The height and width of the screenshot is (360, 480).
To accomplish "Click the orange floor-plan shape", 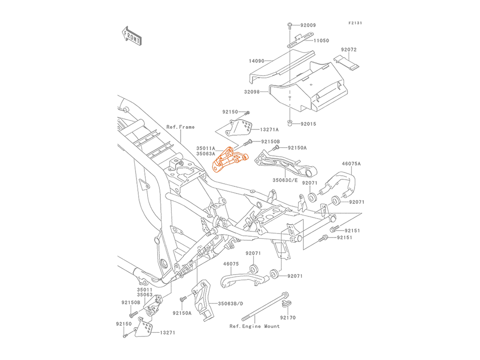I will click(230, 162).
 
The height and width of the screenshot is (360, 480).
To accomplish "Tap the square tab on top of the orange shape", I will click(228, 147).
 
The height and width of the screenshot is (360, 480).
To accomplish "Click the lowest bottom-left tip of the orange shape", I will click(215, 176).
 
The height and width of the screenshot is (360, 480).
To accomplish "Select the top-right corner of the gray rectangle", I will click(363, 22).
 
